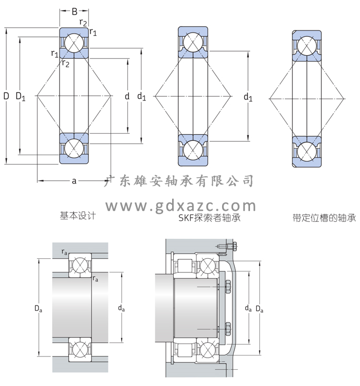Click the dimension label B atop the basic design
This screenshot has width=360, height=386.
click(x=74, y=11)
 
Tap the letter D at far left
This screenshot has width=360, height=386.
click(x=6, y=96)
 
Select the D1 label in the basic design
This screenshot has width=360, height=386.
click(x=21, y=96)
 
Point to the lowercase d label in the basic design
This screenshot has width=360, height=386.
click(x=127, y=96)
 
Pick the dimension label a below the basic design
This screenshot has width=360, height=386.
click(x=74, y=181)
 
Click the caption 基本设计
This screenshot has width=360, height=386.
click(x=77, y=216)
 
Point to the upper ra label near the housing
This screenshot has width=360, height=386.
click(x=64, y=253)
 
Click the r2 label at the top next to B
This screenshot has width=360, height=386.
click(x=83, y=22)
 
